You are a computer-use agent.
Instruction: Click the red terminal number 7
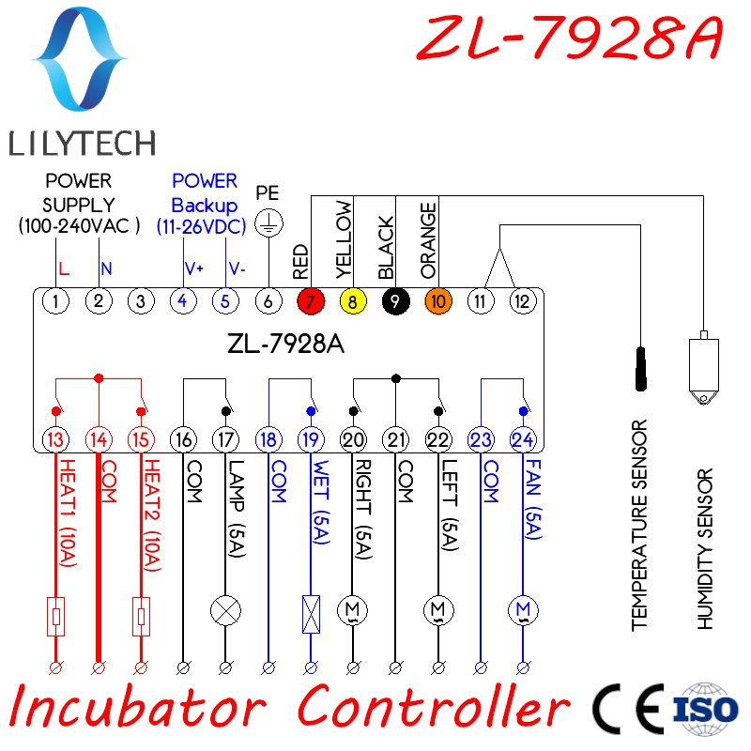[x=310, y=301]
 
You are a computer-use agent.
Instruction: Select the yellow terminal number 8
[x=352, y=301]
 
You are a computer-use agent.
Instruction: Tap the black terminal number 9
[x=395, y=301]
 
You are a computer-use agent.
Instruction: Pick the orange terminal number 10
[x=438, y=301]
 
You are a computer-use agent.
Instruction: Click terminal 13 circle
[x=56, y=438]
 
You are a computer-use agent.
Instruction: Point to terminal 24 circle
[x=523, y=438]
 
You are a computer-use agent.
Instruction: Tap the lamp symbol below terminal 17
[x=225, y=610]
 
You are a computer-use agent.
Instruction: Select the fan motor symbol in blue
[x=523, y=610]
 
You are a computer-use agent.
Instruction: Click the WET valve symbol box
[x=311, y=612]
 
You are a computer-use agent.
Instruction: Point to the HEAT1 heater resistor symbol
[x=56, y=616]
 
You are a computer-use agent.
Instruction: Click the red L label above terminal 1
[x=63, y=269]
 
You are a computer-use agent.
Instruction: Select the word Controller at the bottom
[x=434, y=707]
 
